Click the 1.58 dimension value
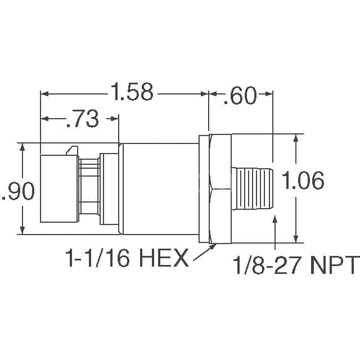pos(132,92)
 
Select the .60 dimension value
pos(240,95)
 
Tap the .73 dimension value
pos(82,119)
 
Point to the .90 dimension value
pos(18,191)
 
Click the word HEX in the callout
pos(164,259)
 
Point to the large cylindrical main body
pos(160,188)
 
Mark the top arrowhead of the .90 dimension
pos(22,146)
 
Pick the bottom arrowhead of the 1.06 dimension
pos(296,238)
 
